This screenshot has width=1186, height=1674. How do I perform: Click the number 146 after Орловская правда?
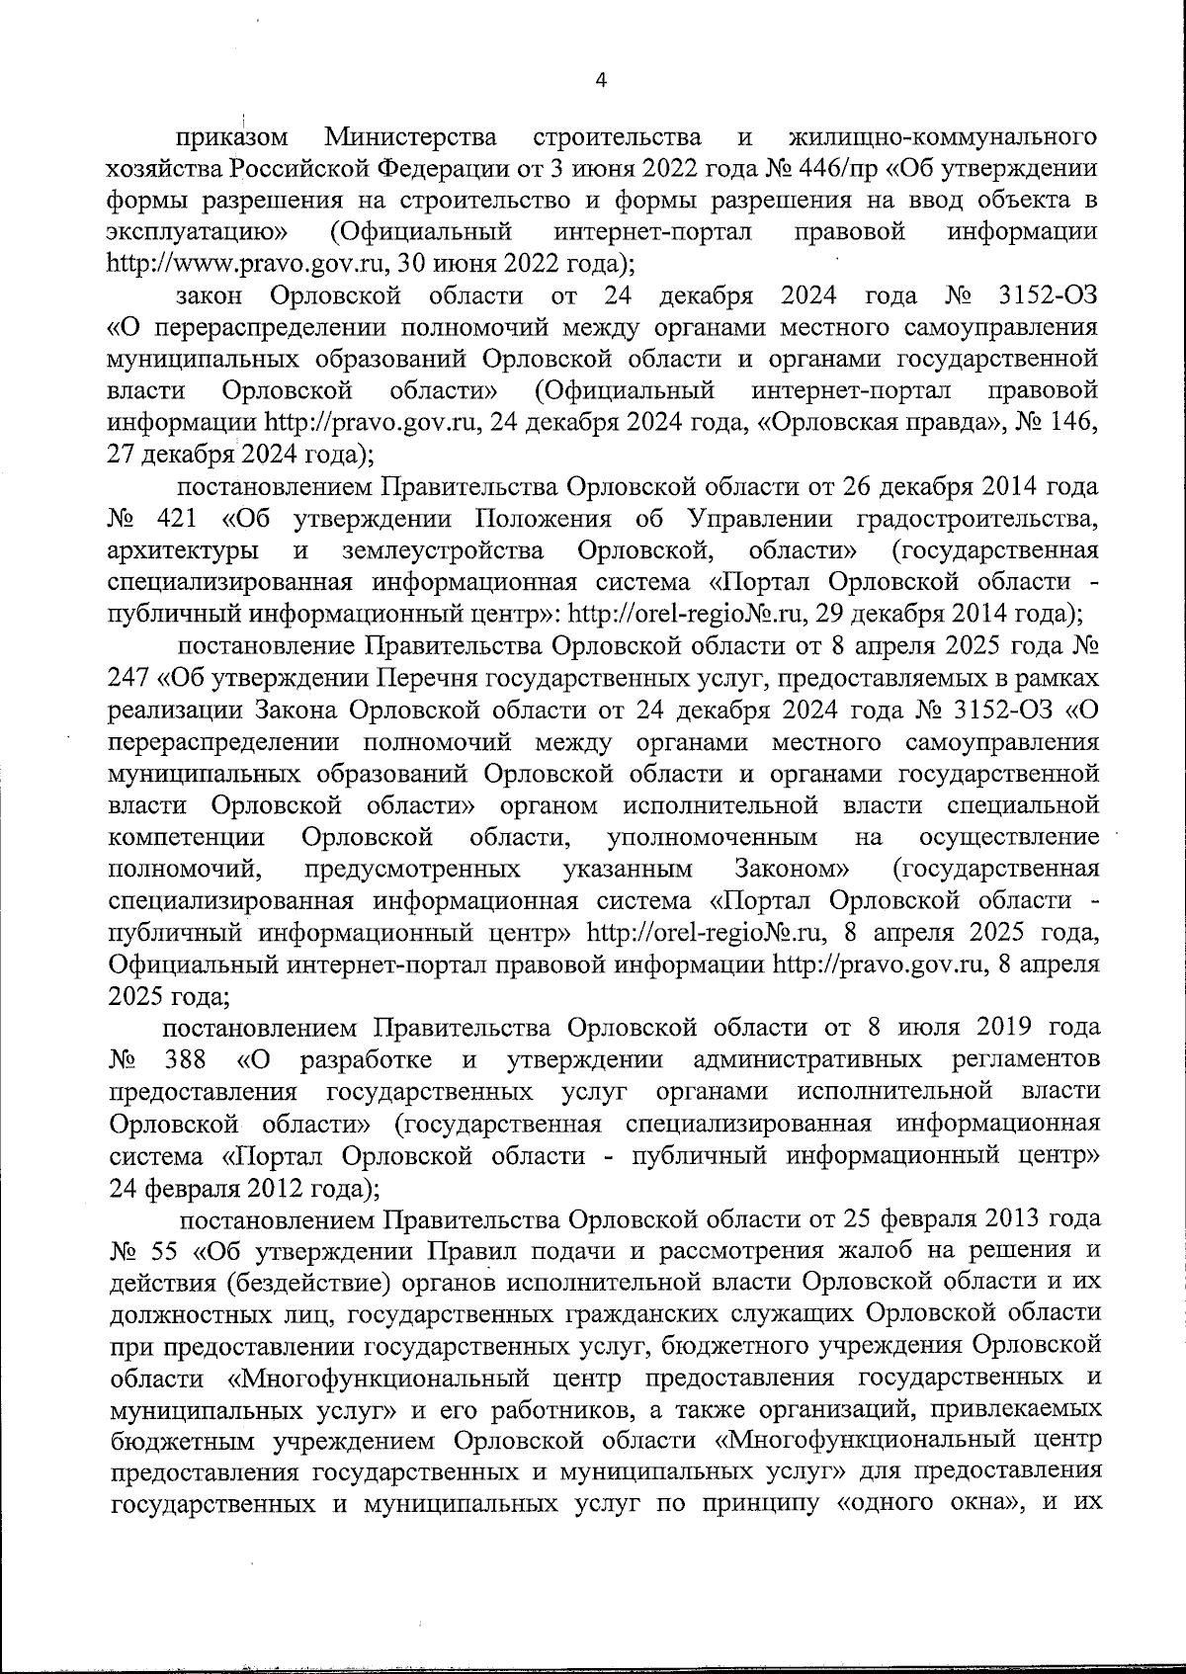[x=1069, y=423]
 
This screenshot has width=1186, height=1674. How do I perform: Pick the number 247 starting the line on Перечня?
[x=127, y=678]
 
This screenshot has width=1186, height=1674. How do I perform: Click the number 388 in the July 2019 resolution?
[x=181, y=1060]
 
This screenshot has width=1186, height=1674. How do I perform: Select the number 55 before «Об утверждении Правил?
[x=164, y=1251]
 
